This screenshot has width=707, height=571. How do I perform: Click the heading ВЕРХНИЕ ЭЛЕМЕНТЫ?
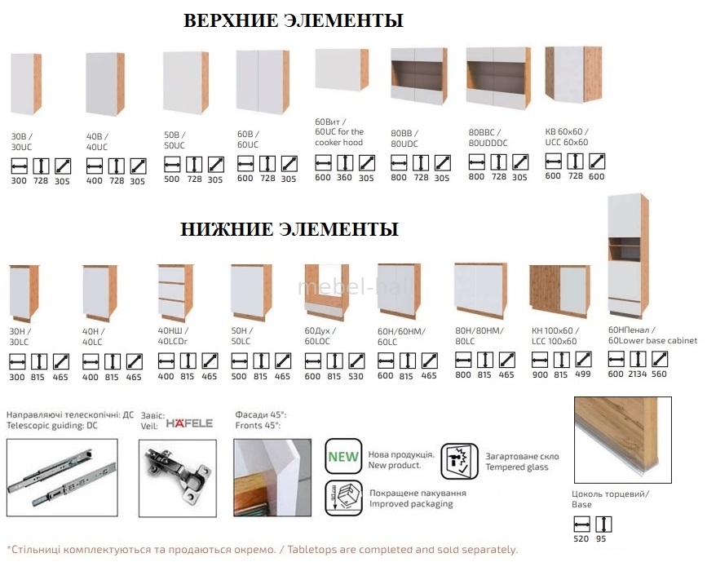pyautogui.click(x=293, y=20)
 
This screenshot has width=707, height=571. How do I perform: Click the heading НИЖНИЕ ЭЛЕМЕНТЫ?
pyautogui.click(x=289, y=229)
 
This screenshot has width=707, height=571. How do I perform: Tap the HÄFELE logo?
pyautogui.click(x=189, y=423)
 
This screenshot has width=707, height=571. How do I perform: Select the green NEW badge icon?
pyautogui.click(x=343, y=456)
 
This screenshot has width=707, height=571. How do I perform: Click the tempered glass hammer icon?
pyautogui.click(x=459, y=461)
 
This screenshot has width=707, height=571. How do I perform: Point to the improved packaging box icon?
pyautogui.click(x=343, y=498)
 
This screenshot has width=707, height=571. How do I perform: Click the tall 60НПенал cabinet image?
pyautogui.click(x=628, y=256)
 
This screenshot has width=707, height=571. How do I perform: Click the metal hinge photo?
pyautogui.click(x=178, y=479)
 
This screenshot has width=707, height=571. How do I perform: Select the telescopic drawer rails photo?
pyautogui.click(x=62, y=478)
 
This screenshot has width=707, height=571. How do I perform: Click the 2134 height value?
pyautogui.click(x=638, y=374)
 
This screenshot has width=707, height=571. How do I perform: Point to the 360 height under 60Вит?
pyautogui.click(x=344, y=178)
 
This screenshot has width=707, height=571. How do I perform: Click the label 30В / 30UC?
pyautogui.click(x=22, y=142)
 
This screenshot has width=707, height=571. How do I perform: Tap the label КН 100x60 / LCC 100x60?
pyautogui.click(x=555, y=336)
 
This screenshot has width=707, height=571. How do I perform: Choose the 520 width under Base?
pyautogui.click(x=581, y=539)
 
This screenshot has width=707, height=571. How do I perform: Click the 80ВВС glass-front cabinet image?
pyautogui.click(x=499, y=77)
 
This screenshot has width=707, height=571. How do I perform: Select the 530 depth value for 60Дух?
pyautogui.click(x=356, y=376)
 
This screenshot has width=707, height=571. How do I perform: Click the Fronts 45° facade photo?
pyautogui.click(x=272, y=478)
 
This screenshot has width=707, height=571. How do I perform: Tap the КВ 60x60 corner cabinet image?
pyautogui.click(x=573, y=75)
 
